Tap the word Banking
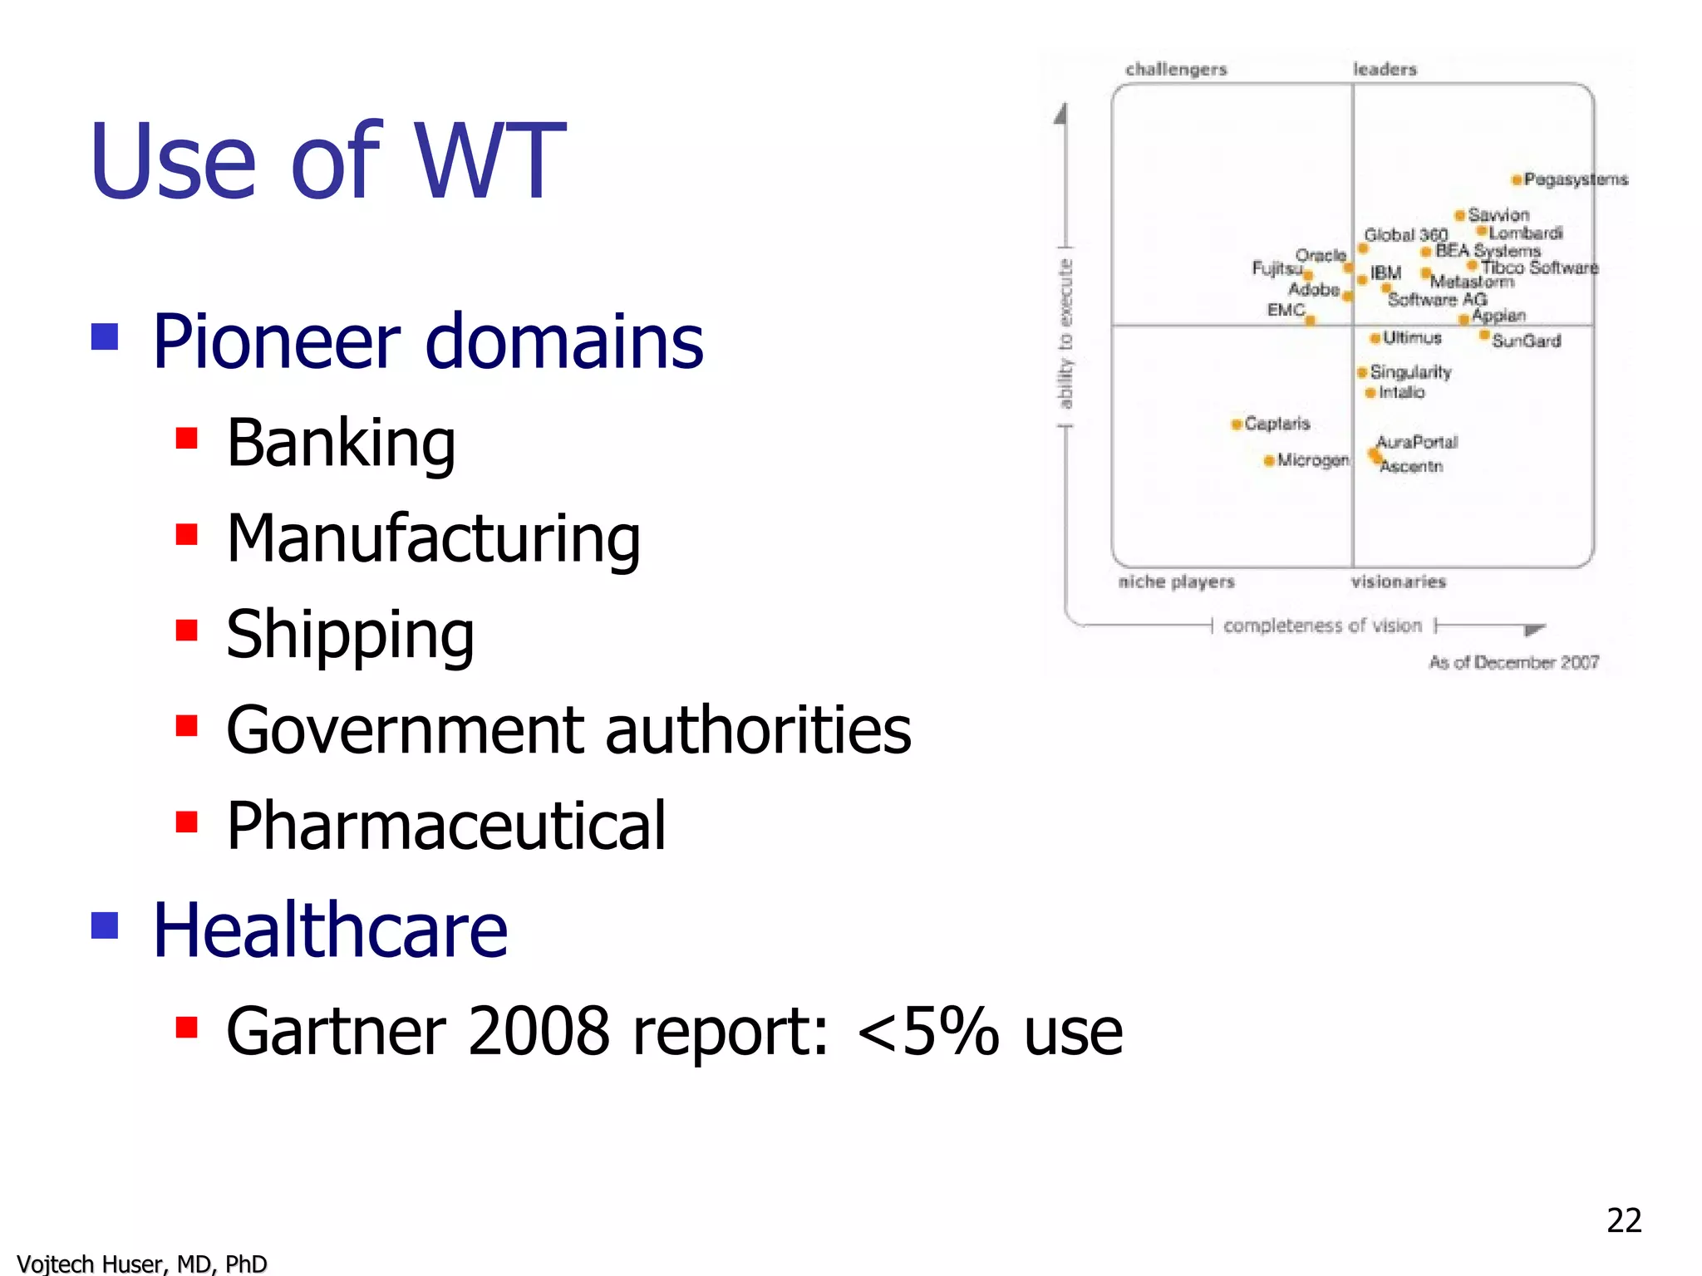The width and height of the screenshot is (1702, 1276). pos(341,444)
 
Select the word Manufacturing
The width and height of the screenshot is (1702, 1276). pos(433,539)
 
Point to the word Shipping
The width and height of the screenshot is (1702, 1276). pos(350,635)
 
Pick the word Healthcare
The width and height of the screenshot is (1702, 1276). pos(330,930)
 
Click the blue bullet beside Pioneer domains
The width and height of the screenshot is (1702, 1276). pos(105,337)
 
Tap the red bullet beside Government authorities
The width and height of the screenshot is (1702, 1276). pos(187,726)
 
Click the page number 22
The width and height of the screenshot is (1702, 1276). pos(1624,1220)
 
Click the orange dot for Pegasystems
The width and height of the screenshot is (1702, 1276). pos(1517,179)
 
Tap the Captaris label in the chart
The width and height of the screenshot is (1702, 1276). pos(1276,424)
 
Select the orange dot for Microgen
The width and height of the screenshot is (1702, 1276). pos(1269,460)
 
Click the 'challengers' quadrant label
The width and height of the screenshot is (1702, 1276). pos(1176,69)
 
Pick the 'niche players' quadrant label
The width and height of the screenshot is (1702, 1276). pos(1176,582)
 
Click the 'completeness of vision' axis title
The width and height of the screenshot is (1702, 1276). pos(1322,626)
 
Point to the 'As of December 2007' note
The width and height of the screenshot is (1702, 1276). pos(1513,662)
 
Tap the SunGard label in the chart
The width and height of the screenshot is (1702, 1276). pos(1526,341)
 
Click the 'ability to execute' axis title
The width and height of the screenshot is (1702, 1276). pos(1065,335)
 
